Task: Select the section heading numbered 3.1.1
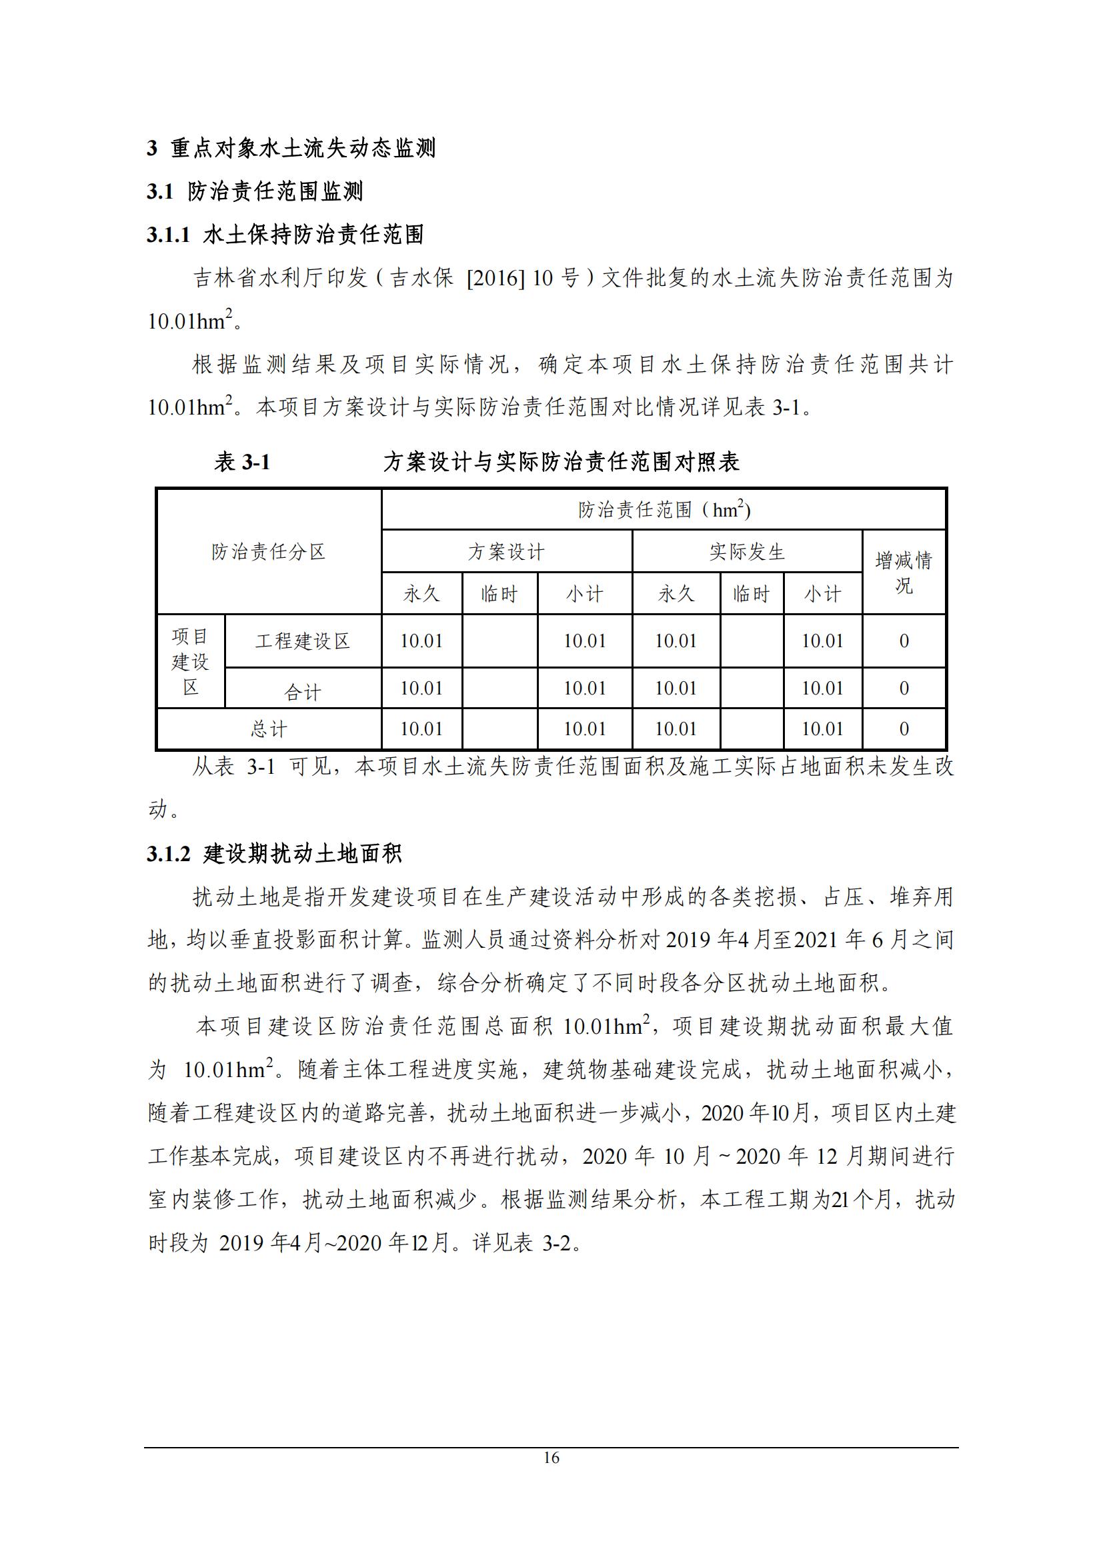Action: click(x=285, y=235)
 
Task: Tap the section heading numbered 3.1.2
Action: click(x=274, y=854)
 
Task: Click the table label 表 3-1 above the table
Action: click(x=243, y=463)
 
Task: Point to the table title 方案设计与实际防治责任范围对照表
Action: click(x=561, y=463)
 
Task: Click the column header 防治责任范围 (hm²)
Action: click(x=664, y=509)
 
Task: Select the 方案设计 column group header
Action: click(x=506, y=551)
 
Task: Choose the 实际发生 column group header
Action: click(x=747, y=551)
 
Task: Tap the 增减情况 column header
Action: click(x=904, y=573)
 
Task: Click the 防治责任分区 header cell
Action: click(x=268, y=551)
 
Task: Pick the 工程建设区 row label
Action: click(x=302, y=641)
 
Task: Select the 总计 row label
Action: click(x=268, y=729)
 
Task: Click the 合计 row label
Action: click(x=302, y=692)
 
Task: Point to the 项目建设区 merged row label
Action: click(x=190, y=661)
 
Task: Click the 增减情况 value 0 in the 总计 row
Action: click(x=904, y=729)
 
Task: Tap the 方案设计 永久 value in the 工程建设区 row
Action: click(x=421, y=641)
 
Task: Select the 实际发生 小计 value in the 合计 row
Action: click(x=822, y=689)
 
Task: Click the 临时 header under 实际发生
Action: click(x=751, y=594)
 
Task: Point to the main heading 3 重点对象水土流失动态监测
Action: click(x=291, y=148)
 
